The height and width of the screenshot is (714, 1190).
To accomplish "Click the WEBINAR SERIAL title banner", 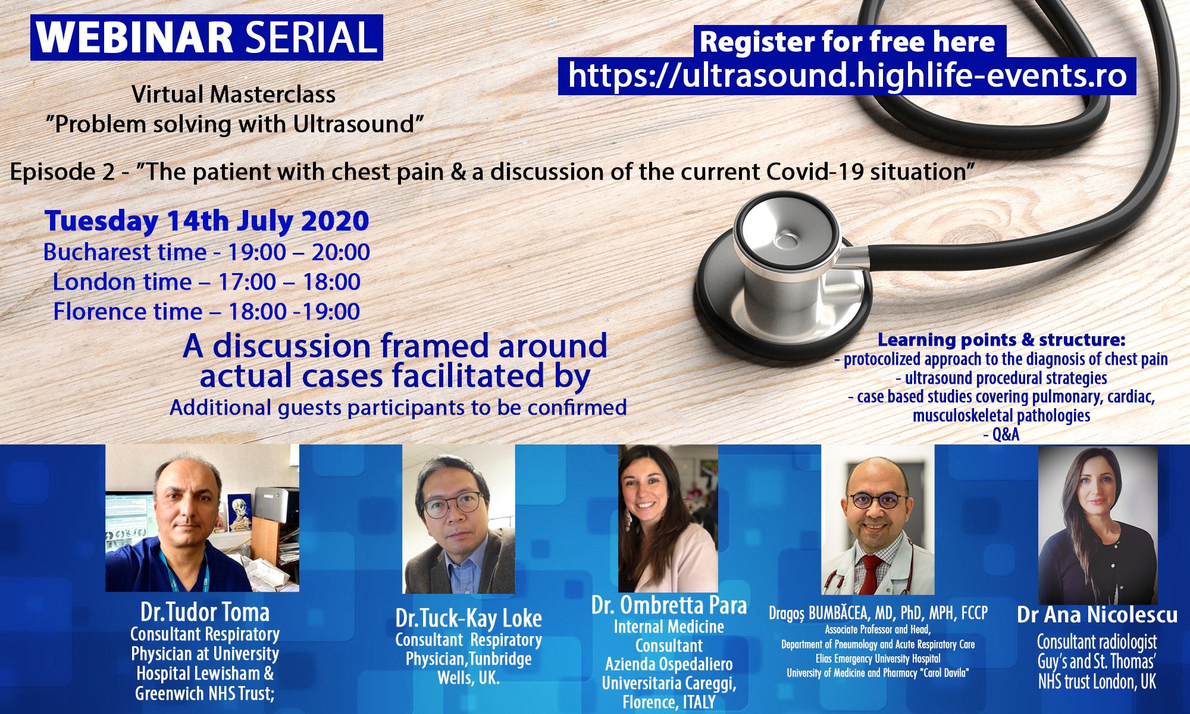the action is point(206,37).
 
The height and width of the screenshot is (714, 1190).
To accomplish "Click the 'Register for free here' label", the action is point(847,42).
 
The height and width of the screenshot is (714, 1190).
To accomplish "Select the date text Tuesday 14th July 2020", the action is point(206,221).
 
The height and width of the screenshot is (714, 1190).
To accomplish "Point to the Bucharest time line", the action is point(206,252).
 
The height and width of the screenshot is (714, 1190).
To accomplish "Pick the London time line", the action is point(206,282).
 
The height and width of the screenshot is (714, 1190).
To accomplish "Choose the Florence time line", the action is point(206,312).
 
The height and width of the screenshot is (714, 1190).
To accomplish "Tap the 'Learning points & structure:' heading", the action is point(1001,340).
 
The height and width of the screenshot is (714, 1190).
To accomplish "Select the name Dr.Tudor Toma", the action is point(205,612).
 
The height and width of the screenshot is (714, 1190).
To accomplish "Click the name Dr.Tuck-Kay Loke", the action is point(468,618).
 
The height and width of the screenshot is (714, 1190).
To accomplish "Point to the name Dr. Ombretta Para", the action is point(669,605).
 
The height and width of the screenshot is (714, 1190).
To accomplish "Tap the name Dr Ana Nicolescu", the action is point(1097,615).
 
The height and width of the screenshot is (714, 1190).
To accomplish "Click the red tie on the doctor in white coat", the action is point(871,574).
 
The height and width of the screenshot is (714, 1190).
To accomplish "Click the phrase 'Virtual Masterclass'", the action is point(234,95).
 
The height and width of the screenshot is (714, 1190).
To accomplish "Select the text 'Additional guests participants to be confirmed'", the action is point(398,408).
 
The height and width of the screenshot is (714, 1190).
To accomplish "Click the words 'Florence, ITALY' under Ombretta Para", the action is point(669,703).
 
